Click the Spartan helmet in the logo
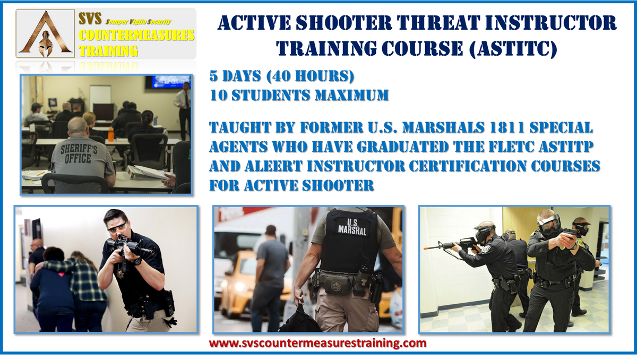pyautogui.click(x=46, y=44)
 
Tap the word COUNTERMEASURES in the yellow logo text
pyautogui.click(x=136, y=35)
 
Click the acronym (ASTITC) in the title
pyautogui.click(x=513, y=48)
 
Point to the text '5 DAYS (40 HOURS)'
pyautogui.click(x=282, y=76)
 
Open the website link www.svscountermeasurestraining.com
pyautogui.click(x=317, y=343)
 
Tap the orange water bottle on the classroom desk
pyautogui.click(x=111, y=134)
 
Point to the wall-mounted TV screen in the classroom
pyautogui.click(x=167, y=82)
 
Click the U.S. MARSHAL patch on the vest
pyautogui.click(x=352, y=227)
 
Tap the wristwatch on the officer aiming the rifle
pyautogui.click(x=138, y=261)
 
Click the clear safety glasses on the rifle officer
pyautogui.click(x=117, y=227)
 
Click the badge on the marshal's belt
pyautogui.click(x=337, y=285)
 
